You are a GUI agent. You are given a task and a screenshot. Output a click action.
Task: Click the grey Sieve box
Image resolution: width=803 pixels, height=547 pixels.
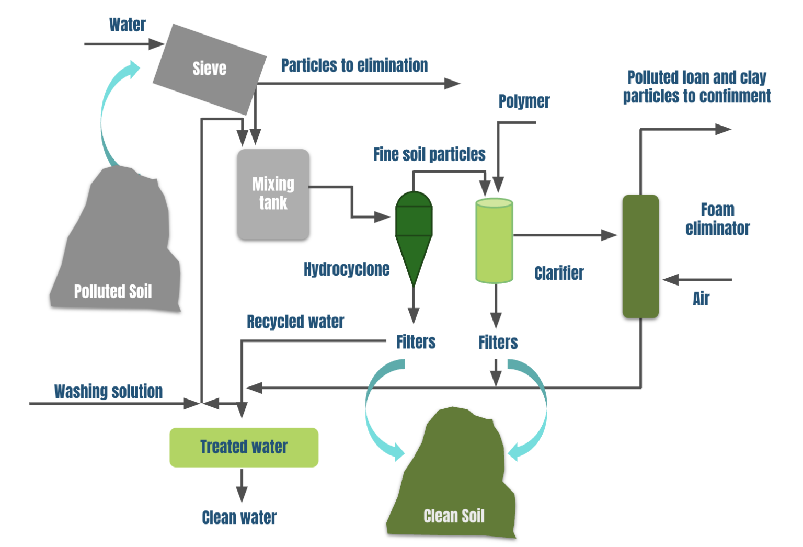(x=210, y=69)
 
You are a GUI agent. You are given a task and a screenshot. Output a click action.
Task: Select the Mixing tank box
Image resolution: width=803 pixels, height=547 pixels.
(x=273, y=194)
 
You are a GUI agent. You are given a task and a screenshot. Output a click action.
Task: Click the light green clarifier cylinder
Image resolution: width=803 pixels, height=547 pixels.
(x=494, y=241)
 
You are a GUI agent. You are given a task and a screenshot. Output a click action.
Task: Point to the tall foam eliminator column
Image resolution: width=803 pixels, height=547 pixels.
(x=640, y=256)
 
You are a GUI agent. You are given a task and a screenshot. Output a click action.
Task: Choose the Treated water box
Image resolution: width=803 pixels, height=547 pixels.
(x=244, y=447)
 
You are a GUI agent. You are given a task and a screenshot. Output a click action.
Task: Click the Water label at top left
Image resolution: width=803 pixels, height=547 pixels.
(x=127, y=25)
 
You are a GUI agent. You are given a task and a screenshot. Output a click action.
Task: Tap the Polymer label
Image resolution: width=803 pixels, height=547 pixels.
(x=524, y=101)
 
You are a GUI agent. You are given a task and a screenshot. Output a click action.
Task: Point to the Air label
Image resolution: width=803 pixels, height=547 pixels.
(x=701, y=299)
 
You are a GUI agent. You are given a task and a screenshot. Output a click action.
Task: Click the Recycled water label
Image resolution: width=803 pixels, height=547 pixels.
(x=295, y=322)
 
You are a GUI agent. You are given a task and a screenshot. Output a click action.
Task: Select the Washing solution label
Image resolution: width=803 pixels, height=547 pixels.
(x=108, y=391)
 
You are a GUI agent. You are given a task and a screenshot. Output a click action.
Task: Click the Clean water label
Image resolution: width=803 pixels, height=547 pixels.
(x=239, y=517)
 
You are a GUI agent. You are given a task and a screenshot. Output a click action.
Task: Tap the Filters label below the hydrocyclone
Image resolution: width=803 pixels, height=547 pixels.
(x=416, y=342)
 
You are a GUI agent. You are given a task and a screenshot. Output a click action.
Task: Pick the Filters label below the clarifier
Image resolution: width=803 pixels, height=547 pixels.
(x=498, y=343)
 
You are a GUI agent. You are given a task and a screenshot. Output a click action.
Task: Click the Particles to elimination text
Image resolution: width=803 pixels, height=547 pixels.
(x=354, y=65)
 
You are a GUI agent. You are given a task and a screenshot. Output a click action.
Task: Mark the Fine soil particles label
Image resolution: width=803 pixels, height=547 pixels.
(x=429, y=154)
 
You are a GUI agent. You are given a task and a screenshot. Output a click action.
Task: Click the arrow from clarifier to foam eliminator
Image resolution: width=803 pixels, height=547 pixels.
(x=565, y=235)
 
